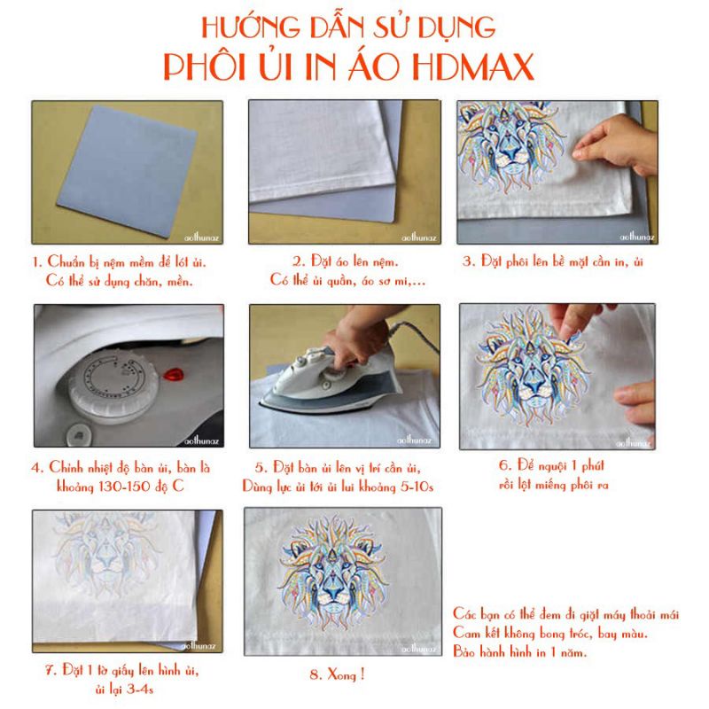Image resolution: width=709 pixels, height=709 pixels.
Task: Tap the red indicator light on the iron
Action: pos(173,374)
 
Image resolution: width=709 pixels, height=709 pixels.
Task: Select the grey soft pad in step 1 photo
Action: pos(127,171)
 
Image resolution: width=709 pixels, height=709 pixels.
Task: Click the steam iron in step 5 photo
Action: pos(330,380)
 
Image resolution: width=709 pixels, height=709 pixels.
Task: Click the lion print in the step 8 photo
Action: pos(333,572)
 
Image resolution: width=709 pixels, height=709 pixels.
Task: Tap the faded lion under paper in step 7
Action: pos(106,553)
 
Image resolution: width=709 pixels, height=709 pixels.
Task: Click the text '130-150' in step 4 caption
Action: pos(123,487)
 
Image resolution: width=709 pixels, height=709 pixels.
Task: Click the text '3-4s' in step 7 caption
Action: pos(140,690)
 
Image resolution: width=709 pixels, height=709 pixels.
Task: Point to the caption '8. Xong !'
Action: pos(337,674)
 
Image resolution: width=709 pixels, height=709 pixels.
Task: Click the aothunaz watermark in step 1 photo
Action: pos(202,237)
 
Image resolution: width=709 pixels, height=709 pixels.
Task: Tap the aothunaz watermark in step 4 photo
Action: pos(202,440)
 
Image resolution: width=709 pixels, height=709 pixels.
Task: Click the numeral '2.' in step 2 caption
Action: pos(299,261)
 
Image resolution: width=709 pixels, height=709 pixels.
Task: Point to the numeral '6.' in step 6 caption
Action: pos(505,464)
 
